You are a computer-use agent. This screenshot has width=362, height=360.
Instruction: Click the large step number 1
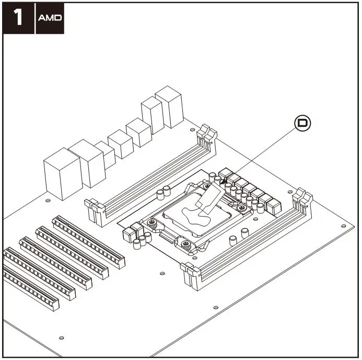point(18,18)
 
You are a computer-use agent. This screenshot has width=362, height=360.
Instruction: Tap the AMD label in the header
point(50,18)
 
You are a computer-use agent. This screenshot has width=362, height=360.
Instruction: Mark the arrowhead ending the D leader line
point(224,182)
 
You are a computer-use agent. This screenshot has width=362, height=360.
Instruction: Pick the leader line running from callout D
point(261,154)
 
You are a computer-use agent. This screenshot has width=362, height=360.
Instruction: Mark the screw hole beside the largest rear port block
point(48,200)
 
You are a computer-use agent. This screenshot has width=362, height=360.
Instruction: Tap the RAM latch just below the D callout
point(301,201)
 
